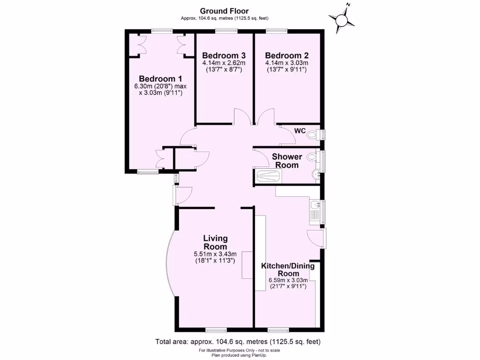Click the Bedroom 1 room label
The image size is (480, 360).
(160, 79)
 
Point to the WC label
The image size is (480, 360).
(300, 131)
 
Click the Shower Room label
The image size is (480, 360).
(287, 161)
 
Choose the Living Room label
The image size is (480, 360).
(215, 243)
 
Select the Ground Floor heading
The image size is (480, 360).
(224, 11)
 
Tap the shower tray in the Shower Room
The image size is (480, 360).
(269, 176)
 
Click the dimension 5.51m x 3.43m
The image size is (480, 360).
(215, 254)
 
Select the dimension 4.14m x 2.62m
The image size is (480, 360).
(224, 63)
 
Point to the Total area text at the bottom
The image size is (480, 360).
(238, 341)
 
